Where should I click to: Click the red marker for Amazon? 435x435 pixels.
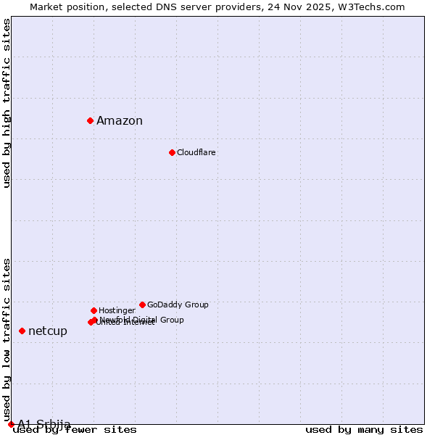(90, 120)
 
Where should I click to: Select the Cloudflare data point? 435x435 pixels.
(172, 152)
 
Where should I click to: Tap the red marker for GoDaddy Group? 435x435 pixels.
(142, 304)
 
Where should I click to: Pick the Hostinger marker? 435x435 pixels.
(94, 310)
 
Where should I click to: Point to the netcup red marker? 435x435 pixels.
(22, 331)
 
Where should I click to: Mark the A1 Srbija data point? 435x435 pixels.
(11, 424)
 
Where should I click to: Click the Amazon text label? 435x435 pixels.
(120, 121)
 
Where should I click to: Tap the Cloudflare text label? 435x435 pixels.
(196, 152)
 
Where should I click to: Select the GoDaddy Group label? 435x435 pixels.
(178, 304)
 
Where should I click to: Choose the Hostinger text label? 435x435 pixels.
(117, 310)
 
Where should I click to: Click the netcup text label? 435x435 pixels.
(48, 331)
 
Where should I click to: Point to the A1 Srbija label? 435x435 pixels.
(44, 424)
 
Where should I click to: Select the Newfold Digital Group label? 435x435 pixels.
(142, 319)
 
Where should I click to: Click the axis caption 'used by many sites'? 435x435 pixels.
(364, 429)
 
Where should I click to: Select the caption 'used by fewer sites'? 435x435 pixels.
(75, 430)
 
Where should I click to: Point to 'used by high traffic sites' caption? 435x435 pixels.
(7, 103)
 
